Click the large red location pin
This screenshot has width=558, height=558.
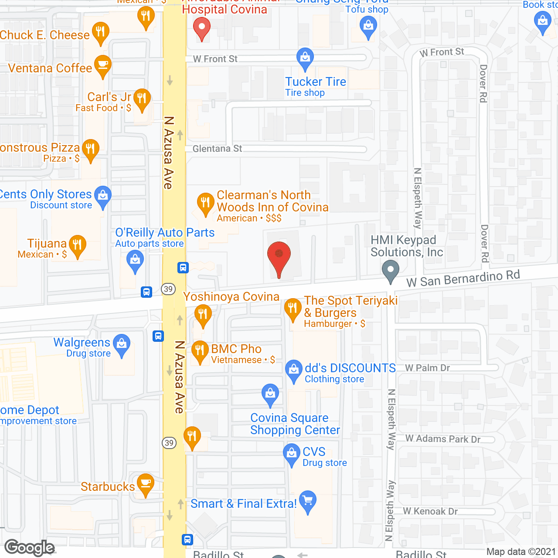coord(279,257)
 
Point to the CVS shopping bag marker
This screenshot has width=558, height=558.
coord(291,454)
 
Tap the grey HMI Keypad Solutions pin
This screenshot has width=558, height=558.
coord(391,270)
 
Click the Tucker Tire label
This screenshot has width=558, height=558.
coord(316,82)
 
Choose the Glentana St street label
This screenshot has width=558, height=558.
coord(217,149)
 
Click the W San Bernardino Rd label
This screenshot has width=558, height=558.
coord(463,279)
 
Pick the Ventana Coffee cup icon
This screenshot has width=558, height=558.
coord(102,65)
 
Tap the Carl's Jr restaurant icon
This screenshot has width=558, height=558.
coord(142,99)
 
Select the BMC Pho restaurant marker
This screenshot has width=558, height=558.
coord(200,351)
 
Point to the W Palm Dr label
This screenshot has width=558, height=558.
coord(427,368)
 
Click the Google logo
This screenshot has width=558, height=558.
coord(30,548)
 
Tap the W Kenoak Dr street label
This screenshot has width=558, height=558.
coord(430,511)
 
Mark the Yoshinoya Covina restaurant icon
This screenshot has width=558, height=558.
coord(203,314)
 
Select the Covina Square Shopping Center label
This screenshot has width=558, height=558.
coord(295,424)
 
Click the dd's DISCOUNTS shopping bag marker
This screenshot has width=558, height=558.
coord(294,370)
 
